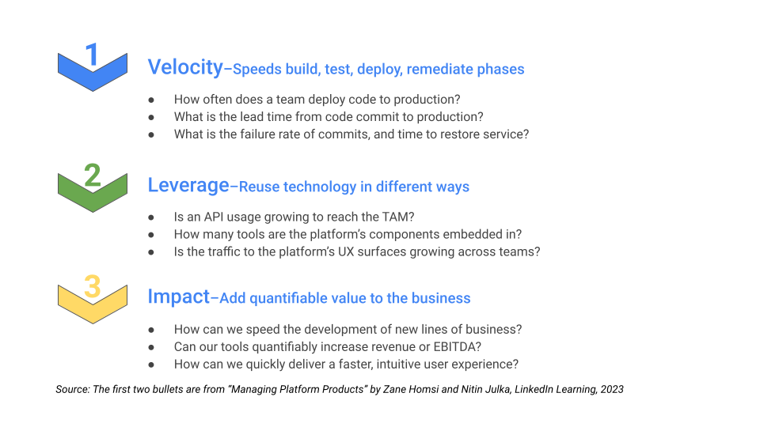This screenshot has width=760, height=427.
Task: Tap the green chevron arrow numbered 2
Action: [93, 185]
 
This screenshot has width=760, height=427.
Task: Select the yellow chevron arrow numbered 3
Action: [93, 296]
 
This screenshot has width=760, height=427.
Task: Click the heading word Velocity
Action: [185, 67]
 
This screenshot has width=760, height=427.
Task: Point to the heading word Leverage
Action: [188, 185]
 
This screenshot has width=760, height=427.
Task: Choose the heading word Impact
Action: [178, 297]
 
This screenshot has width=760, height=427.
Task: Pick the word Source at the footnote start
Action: [72, 389]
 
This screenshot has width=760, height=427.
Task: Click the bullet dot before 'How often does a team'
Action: [151, 100]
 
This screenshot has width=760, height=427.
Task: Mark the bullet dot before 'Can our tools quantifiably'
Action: [151, 346]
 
